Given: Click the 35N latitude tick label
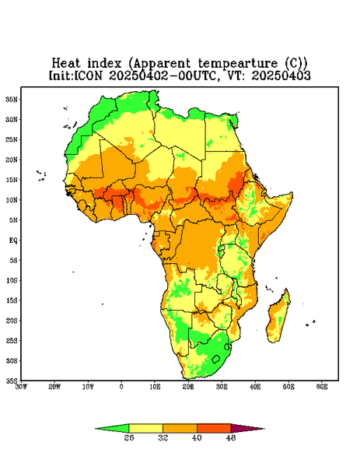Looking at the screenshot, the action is click(12, 100).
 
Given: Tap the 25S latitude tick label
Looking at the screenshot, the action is click(12, 340).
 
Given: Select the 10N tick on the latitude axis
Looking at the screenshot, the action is click(12, 200).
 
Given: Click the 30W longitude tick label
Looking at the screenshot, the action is click(21, 387).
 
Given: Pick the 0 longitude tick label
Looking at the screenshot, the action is click(121, 387).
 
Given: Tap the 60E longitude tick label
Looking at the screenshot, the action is click(322, 387).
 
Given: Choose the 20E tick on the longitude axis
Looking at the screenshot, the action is click(188, 387).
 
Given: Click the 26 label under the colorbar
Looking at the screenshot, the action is click(129, 437).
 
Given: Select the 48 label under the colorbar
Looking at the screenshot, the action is click(231, 437).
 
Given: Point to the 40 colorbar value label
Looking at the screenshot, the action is click(197, 437).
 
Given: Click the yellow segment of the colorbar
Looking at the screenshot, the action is click(145, 428).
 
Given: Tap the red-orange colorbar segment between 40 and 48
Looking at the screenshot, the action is click(214, 428).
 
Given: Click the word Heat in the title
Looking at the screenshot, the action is click(66, 64).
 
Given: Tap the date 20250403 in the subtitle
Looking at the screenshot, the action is click(281, 75).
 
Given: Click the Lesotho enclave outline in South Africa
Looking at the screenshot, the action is click(216, 359).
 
